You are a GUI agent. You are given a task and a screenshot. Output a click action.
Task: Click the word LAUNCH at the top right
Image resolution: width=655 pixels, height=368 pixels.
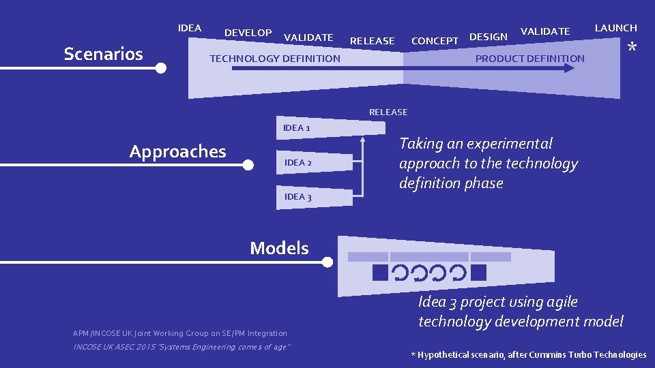click(x=615, y=28)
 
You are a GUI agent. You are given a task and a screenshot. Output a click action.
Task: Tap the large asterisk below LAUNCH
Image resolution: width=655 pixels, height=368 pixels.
click(x=632, y=48)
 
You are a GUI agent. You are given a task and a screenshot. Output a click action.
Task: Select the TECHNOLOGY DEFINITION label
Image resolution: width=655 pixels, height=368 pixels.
click(x=274, y=59)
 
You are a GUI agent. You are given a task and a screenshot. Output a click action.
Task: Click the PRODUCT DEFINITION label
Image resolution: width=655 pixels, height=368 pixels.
click(x=529, y=59)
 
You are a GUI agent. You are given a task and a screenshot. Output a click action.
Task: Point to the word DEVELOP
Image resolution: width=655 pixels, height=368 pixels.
click(x=248, y=33)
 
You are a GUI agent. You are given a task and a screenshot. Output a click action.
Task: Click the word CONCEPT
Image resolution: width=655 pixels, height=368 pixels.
click(x=435, y=41)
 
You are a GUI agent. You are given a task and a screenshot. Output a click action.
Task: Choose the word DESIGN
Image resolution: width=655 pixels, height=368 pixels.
click(x=489, y=37)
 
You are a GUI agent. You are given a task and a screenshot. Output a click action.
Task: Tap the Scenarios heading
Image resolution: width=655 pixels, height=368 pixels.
click(x=103, y=54)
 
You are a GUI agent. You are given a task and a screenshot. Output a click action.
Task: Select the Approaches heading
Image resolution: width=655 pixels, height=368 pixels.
click(x=177, y=151)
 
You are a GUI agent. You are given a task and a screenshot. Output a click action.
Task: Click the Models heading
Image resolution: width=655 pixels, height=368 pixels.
click(x=279, y=248)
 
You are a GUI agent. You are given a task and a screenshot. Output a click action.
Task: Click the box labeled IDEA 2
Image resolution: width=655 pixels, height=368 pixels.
click(x=315, y=163)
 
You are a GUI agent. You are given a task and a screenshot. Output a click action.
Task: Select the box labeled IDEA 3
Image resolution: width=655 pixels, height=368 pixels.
click(x=315, y=197)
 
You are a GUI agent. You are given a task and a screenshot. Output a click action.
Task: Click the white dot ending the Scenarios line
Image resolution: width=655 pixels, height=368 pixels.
click(x=160, y=68)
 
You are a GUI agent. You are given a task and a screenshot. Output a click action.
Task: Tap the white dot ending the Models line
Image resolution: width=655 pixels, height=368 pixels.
click(x=327, y=262)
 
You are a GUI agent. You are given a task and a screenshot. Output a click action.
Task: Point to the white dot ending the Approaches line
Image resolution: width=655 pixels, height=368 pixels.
click(x=249, y=165)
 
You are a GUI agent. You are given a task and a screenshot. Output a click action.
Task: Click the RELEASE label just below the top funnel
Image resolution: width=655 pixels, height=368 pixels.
click(x=388, y=112)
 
